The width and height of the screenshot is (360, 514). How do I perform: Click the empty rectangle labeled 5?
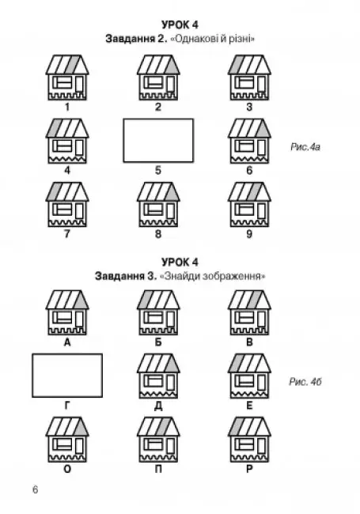(158, 141)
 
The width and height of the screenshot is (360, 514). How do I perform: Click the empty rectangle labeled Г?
(67, 376)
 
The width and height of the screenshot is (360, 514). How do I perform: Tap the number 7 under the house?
(67, 234)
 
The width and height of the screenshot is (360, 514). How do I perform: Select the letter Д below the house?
(158, 406)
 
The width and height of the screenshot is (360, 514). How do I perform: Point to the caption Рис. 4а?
(305, 147)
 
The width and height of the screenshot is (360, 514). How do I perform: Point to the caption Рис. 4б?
(305, 382)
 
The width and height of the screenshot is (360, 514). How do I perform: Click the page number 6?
(35, 489)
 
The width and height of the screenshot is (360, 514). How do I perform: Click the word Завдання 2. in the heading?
(136, 39)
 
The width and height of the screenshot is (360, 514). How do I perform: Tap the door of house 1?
(79, 84)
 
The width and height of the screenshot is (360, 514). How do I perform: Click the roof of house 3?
(249, 65)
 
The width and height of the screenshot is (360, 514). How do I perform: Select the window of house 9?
(244, 210)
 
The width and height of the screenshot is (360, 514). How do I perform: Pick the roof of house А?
(67, 300)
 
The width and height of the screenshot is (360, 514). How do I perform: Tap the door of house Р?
(261, 446)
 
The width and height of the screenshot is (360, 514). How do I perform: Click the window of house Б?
(153, 318)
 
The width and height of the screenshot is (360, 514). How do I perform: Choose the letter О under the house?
(67, 470)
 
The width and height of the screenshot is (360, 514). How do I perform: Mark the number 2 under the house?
(158, 107)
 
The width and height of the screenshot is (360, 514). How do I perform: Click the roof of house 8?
(158, 192)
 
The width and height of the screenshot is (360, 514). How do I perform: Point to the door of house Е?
(261, 383)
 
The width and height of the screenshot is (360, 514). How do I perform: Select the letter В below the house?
(249, 342)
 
